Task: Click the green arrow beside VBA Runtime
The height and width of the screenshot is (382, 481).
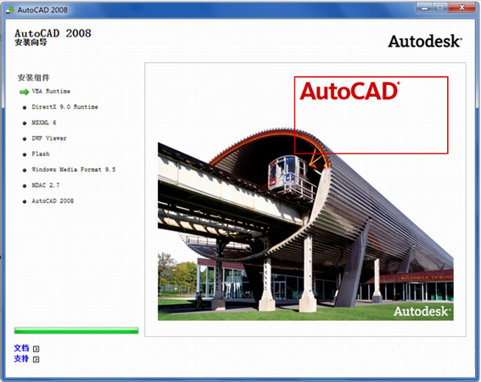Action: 24,91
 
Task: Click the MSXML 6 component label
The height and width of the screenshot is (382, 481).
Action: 44,122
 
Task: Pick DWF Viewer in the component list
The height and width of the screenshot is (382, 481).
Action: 49,138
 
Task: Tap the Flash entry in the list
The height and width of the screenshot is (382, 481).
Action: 41,154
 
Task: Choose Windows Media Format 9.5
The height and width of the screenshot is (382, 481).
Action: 73,170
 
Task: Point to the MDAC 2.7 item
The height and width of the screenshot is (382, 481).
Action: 46,185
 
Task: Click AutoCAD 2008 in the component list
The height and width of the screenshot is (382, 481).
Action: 53,201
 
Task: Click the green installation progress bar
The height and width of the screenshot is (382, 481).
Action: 76,330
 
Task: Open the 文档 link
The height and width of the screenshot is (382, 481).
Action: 22,348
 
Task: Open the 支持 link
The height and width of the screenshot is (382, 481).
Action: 22,359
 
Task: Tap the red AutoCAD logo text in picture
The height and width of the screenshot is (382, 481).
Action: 349,91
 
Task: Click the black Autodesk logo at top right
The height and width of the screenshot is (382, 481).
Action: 425,41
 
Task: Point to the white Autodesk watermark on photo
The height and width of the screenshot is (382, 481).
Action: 422,311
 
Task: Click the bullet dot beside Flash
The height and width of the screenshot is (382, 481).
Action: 25,154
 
